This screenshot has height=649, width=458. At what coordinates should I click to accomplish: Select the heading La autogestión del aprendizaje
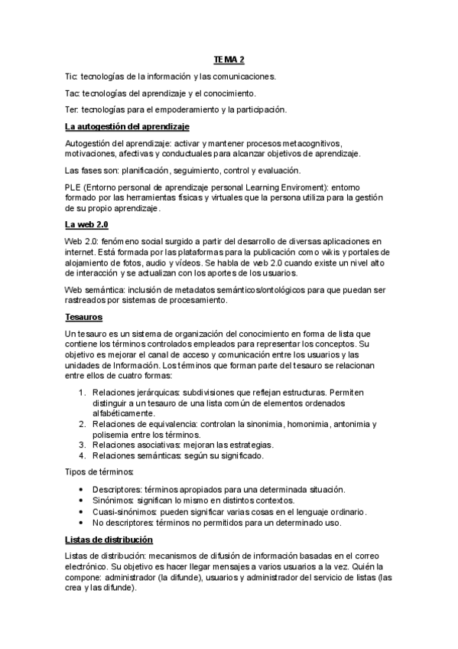click(x=127, y=126)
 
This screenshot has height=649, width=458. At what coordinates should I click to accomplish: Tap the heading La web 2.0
click(x=86, y=224)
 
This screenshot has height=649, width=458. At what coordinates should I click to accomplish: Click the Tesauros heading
click(x=84, y=316)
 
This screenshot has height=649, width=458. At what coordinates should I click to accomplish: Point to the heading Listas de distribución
click(x=115, y=540)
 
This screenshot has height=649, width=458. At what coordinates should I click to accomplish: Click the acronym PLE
click(x=73, y=188)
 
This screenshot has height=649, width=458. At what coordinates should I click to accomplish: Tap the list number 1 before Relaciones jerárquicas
click(x=82, y=393)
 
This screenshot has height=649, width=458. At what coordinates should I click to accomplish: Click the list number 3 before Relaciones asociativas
click(x=82, y=445)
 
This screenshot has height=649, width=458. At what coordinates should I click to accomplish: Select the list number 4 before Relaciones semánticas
click(x=82, y=455)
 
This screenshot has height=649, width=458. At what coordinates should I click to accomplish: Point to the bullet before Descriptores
click(x=82, y=490)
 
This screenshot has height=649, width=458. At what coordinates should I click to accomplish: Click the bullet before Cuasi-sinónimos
click(x=82, y=512)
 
